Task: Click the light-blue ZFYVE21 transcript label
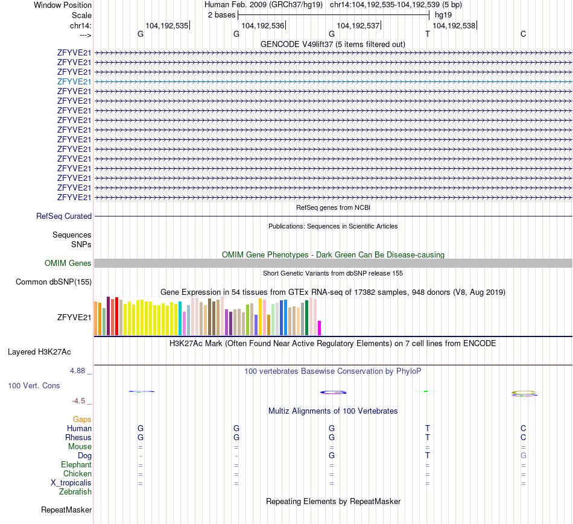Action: click(x=74, y=81)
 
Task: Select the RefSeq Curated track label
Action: click(x=64, y=216)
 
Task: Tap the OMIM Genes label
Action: click(x=68, y=263)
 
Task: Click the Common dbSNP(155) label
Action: click(x=54, y=282)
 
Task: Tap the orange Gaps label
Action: click(x=82, y=419)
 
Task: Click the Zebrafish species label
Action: click(x=75, y=492)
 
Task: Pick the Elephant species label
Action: click(x=76, y=464)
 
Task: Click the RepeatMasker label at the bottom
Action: click(x=66, y=510)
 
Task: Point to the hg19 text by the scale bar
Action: click(x=443, y=14)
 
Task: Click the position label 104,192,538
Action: click(x=454, y=26)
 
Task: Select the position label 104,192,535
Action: click(x=167, y=26)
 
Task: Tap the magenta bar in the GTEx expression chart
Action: click(x=320, y=327)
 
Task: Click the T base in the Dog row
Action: click(x=428, y=455)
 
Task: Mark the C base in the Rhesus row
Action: click(x=523, y=437)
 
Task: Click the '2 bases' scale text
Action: click(x=221, y=14)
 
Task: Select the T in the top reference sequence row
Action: click(x=428, y=34)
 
